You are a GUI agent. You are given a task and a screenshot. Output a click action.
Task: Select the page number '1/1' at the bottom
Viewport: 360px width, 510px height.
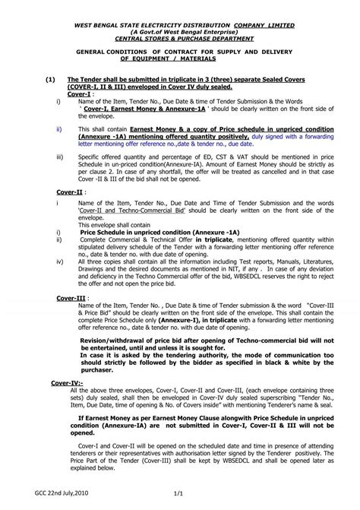[x=180, y=492]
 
